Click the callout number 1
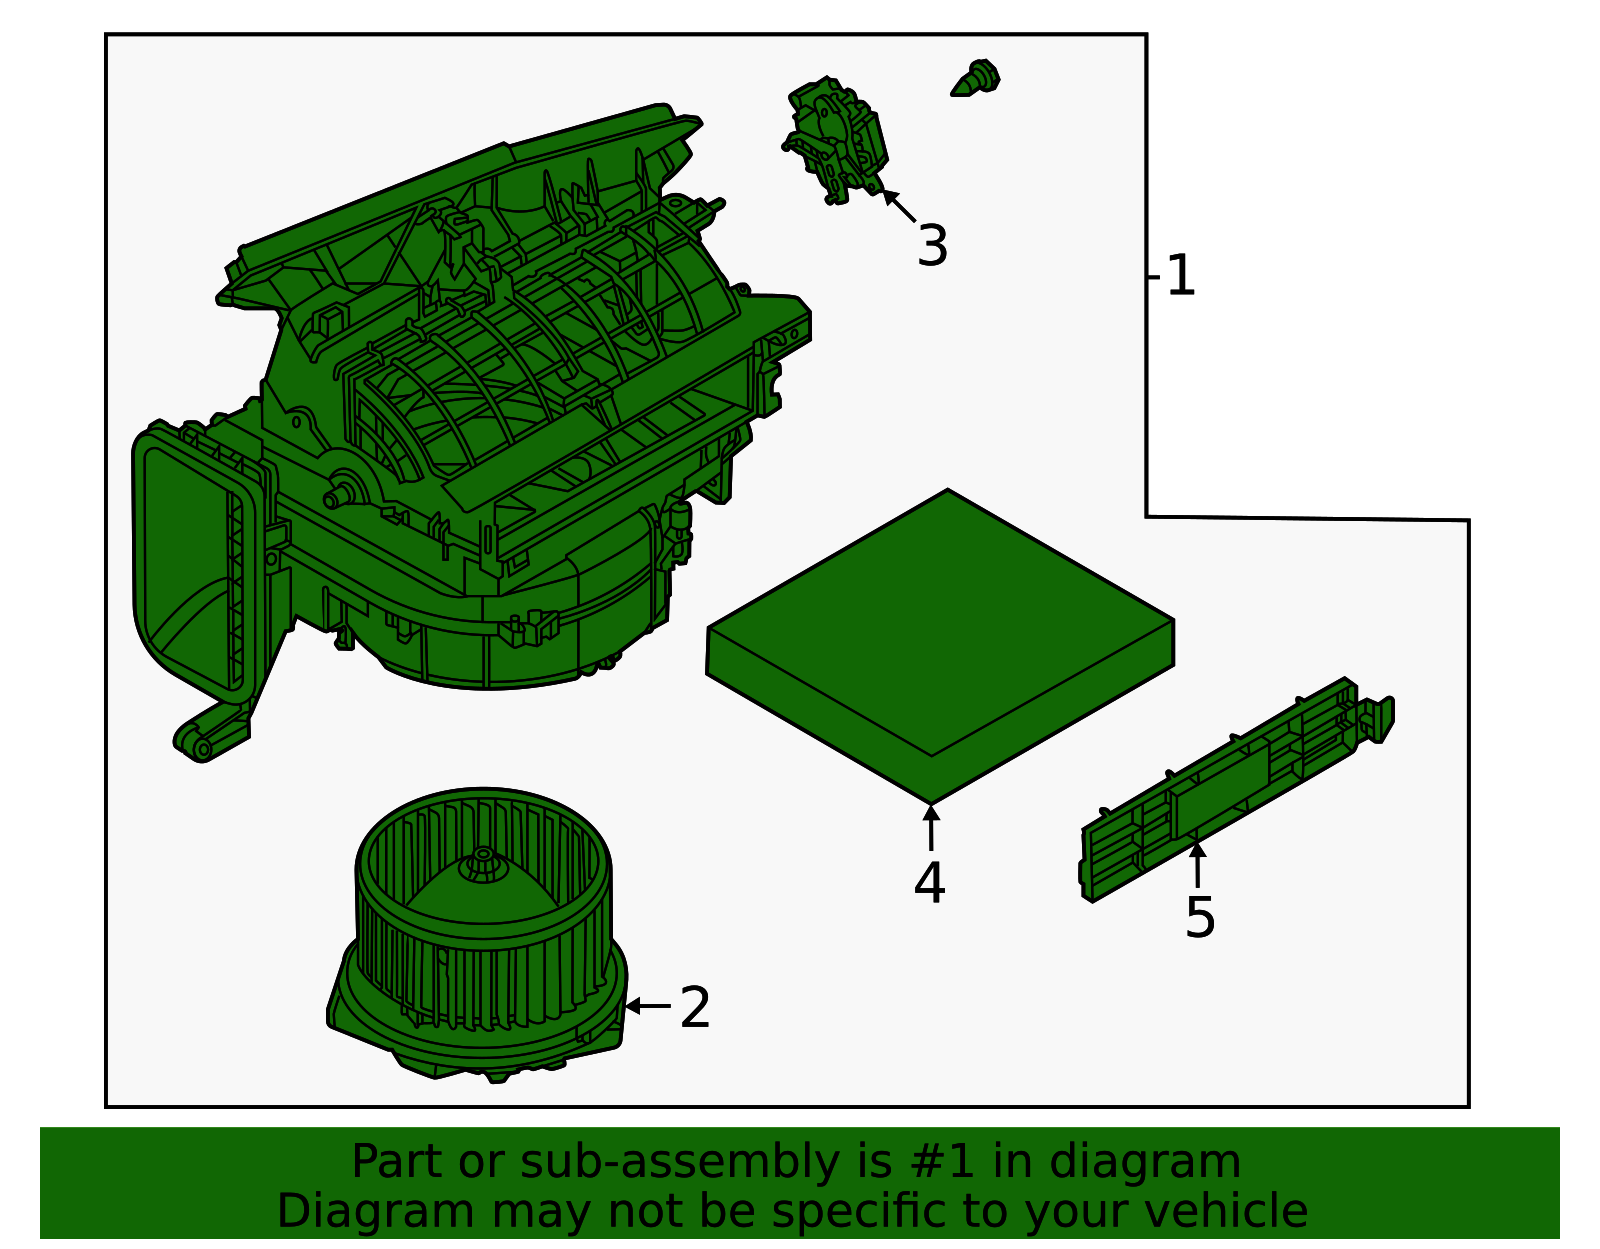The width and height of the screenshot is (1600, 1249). point(1180,276)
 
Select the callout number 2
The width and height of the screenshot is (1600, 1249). point(694,1008)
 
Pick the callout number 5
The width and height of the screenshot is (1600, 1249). point(1199,917)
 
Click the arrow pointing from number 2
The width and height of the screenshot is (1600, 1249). point(648,1005)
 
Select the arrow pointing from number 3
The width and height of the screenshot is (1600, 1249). point(899,205)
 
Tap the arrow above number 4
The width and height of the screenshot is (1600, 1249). point(931,828)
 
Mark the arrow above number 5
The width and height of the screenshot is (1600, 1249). point(1198,865)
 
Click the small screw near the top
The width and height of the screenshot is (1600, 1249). point(976,78)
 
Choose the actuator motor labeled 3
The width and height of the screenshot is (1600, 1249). point(836,140)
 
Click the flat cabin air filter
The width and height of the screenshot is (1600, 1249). point(940,645)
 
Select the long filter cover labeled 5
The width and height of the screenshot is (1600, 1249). point(1237,789)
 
